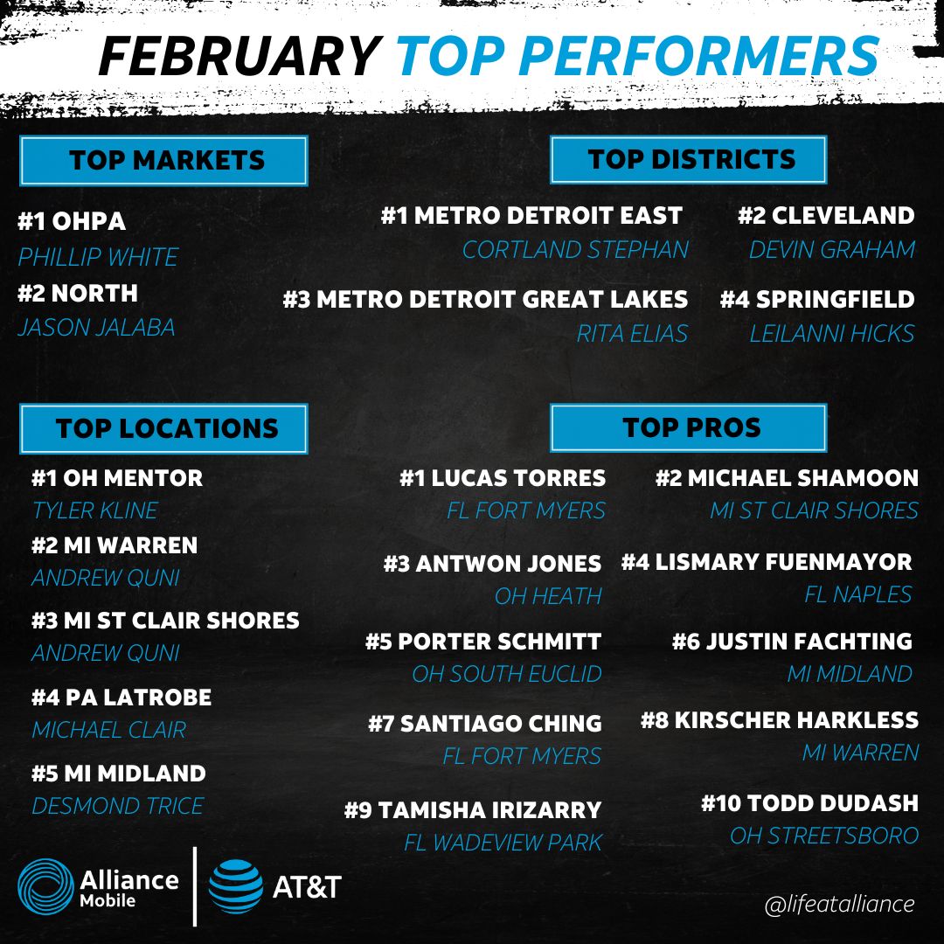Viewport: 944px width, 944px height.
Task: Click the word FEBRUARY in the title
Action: [238, 58]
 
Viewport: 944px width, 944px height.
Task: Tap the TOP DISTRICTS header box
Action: [689, 159]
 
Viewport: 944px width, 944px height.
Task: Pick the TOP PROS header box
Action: [689, 427]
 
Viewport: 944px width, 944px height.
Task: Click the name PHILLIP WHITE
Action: [98, 258]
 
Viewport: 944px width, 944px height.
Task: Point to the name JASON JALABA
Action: [96, 328]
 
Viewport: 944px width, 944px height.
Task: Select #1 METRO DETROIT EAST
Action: [531, 216]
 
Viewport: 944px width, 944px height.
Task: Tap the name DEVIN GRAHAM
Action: [831, 250]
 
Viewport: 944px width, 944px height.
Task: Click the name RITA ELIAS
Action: [632, 333]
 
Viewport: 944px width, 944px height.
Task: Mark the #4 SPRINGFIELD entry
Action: [817, 300]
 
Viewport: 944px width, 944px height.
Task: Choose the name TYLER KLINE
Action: [94, 510]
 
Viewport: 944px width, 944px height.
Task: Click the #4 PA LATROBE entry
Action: [121, 698]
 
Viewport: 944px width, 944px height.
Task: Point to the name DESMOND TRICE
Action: [117, 806]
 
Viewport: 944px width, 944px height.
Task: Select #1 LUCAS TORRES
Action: [503, 478]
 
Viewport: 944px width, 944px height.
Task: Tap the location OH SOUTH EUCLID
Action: [507, 675]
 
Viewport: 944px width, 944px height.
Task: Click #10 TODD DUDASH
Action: [809, 803]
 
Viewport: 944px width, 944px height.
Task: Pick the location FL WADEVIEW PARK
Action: [503, 843]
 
